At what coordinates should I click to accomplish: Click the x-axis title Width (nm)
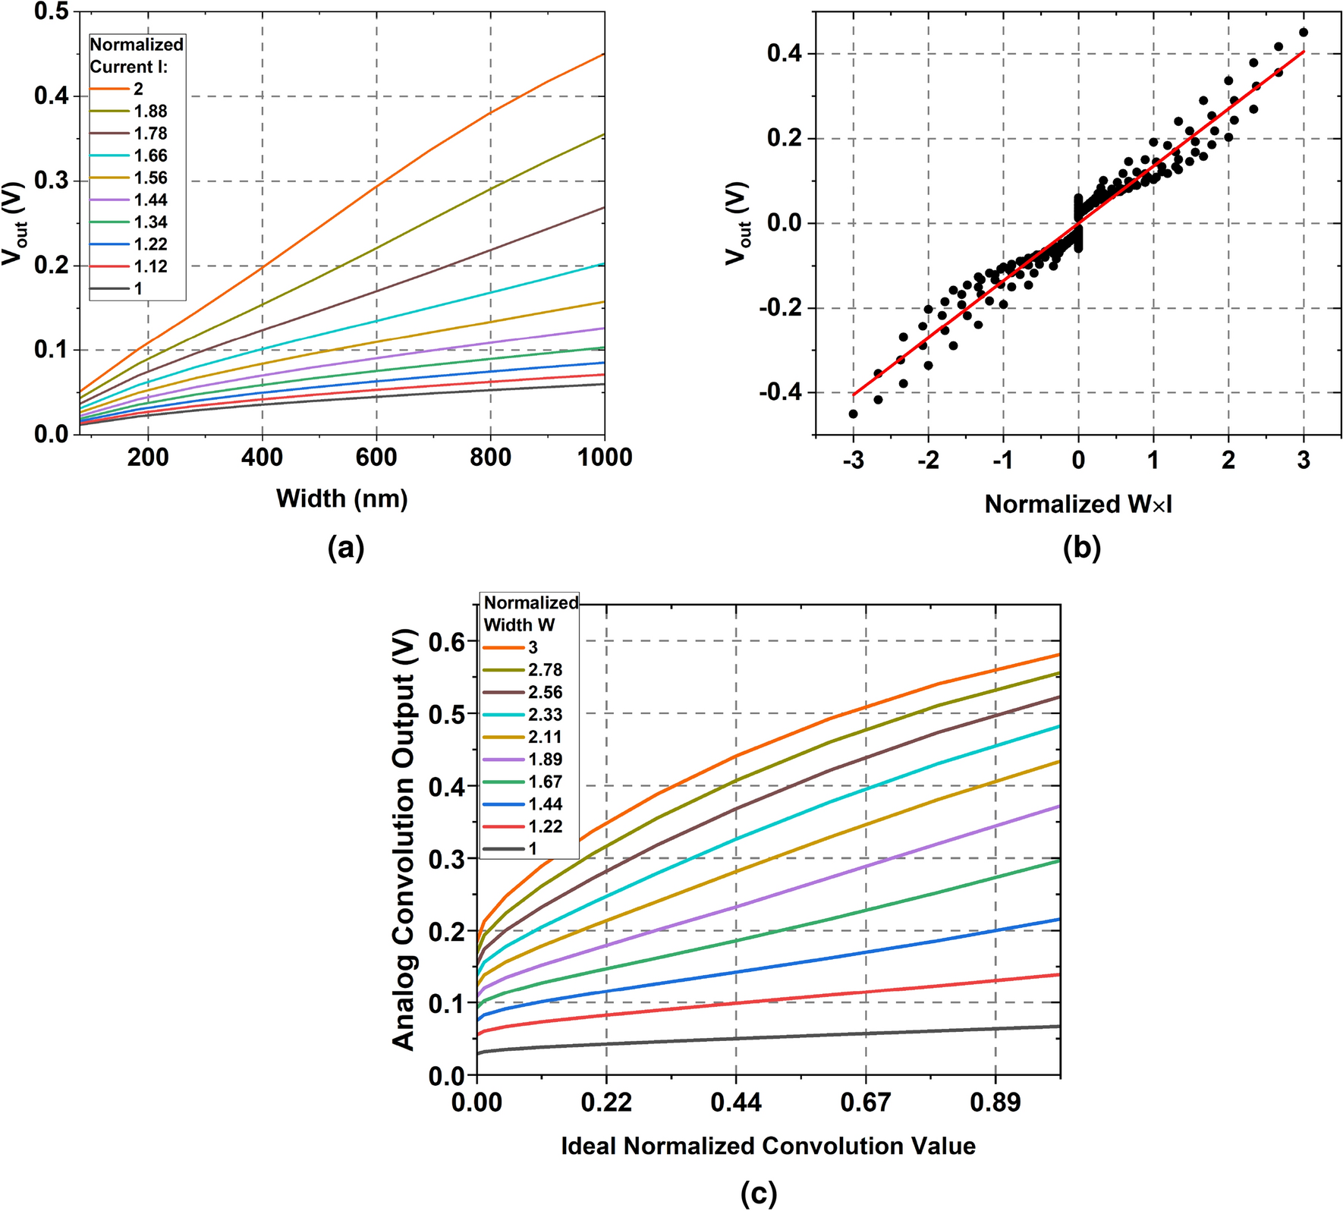point(342,499)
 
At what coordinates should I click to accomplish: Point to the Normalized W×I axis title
point(1078,505)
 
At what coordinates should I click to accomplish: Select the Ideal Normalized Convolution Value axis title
point(768,1146)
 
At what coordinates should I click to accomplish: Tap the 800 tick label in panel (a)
point(490,458)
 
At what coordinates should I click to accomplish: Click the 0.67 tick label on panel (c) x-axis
point(865,1102)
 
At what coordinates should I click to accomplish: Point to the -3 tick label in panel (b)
point(853,460)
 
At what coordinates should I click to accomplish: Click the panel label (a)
point(346,546)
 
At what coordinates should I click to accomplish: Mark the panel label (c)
point(759,1194)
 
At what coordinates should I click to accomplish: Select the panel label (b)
point(1081,546)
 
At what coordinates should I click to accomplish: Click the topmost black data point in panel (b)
point(1304,33)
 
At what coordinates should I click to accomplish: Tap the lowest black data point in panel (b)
point(853,414)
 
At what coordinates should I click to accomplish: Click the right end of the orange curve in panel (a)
point(603,55)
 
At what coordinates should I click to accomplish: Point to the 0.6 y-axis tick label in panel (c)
point(447,642)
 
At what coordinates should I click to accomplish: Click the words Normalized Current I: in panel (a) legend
point(137,55)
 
